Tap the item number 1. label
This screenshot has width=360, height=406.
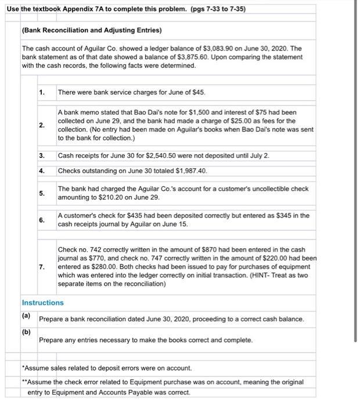42,93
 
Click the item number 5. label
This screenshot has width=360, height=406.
42,193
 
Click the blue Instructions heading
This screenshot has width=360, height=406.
42,303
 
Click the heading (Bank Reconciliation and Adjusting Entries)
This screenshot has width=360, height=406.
92,30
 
